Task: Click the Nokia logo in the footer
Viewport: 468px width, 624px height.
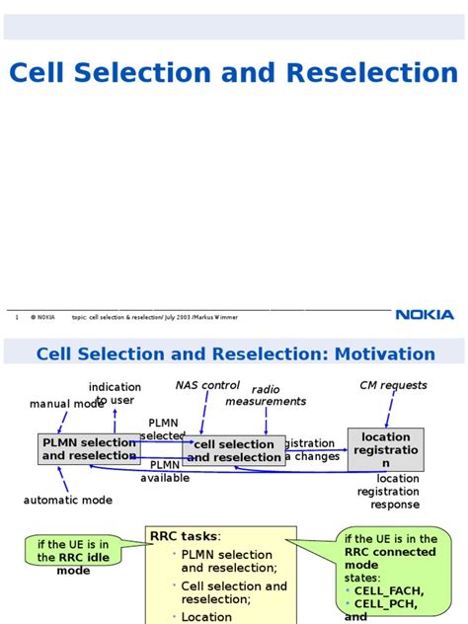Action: click(425, 315)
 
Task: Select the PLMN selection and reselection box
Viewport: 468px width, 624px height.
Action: click(89, 449)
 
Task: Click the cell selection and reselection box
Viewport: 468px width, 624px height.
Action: click(233, 450)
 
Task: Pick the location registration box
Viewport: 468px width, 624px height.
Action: click(385, 449)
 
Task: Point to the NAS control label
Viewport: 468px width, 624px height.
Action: click(207, 385)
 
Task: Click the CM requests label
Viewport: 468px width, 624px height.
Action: click(393, 385)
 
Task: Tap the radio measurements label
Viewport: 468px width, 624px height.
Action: click(266, 396)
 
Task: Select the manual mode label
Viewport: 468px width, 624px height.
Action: click(66, 404)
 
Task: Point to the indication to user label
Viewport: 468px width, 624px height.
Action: click(115, 393)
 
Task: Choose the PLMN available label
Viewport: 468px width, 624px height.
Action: click(165, 471)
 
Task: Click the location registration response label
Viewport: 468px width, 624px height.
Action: click(395, 492)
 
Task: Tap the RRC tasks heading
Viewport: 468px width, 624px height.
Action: click(185, 536)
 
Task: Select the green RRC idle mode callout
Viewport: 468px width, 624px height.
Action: click(73, 557)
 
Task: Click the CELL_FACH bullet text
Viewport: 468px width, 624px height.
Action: click(389, 590)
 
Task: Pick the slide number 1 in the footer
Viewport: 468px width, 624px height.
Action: click(17, 317)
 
